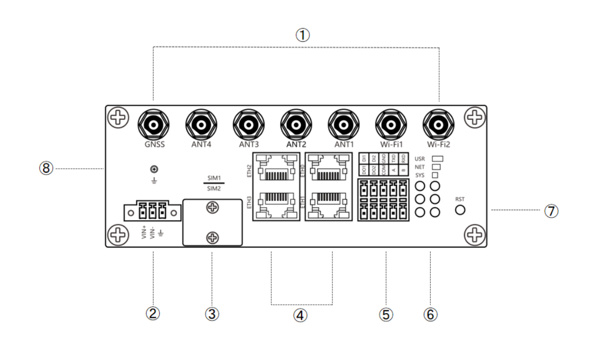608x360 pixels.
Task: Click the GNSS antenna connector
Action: coord(153,125)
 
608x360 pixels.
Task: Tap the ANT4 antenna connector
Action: coord(200,125)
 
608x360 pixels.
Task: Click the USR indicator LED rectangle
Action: coord(438,158)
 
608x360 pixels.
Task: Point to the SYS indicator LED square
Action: coord(435,175)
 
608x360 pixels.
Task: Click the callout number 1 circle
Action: coord(302,35)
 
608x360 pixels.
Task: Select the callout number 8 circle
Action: coord(46,169)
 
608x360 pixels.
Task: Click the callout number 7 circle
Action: coord(551,211)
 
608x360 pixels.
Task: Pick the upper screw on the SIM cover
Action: coord(212,209)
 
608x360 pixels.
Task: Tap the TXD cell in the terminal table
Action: coord(394,158)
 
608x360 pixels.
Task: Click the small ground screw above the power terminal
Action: coord(154,169)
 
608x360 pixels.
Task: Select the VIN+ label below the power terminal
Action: coord(144,232)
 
